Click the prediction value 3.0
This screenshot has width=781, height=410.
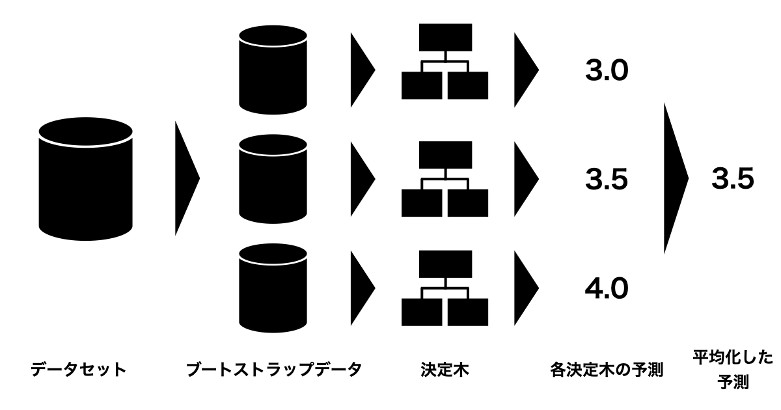point(606,71)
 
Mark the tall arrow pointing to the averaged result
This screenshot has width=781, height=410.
point(674,177)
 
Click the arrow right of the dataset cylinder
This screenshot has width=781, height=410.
point(185,177)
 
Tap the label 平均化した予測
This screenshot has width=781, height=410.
point(733,369)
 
